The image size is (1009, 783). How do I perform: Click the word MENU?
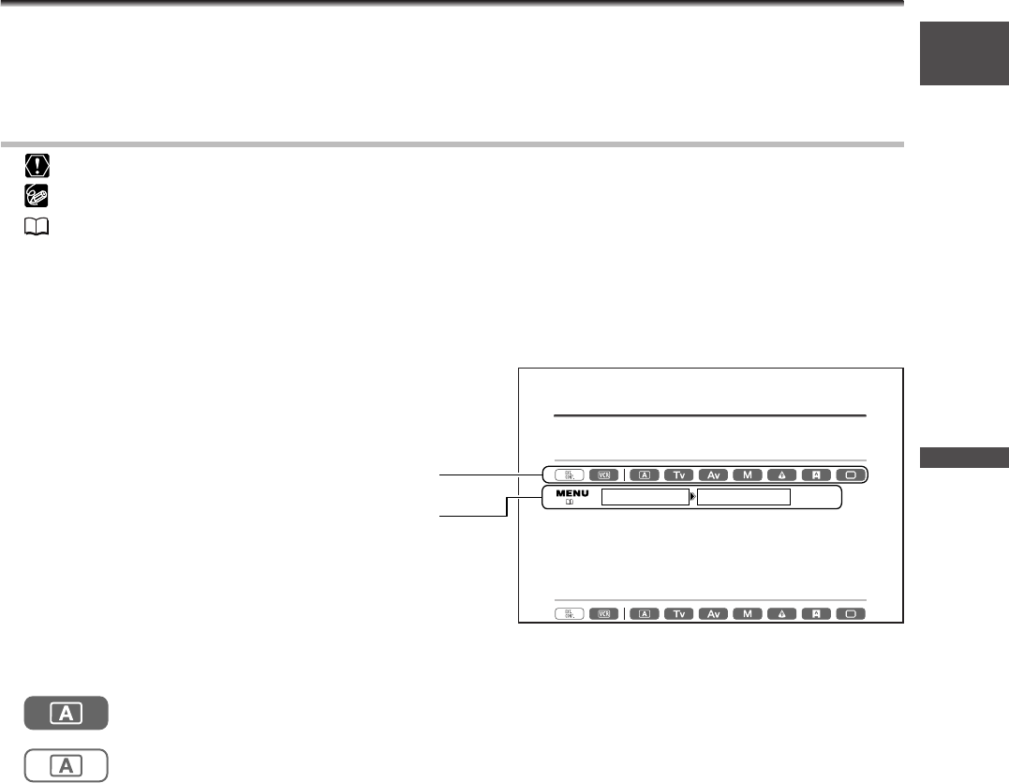pos(571,492)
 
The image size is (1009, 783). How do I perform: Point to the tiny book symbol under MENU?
pos(568,503)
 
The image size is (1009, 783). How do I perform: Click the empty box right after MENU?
pos(645,497)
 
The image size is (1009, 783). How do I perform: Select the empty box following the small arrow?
pos(744,497)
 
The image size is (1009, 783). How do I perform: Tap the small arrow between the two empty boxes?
pos(693,497)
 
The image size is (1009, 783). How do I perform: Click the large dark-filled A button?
pos(67,715)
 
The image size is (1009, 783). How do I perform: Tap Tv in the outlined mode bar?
pos(679,474)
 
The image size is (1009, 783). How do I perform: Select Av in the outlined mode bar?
pos(714,474)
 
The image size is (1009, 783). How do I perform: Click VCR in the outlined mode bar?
pos(604,474)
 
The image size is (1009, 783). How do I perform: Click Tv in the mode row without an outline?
pos(679,614)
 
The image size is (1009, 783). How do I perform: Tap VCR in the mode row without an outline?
pos(604,614)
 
